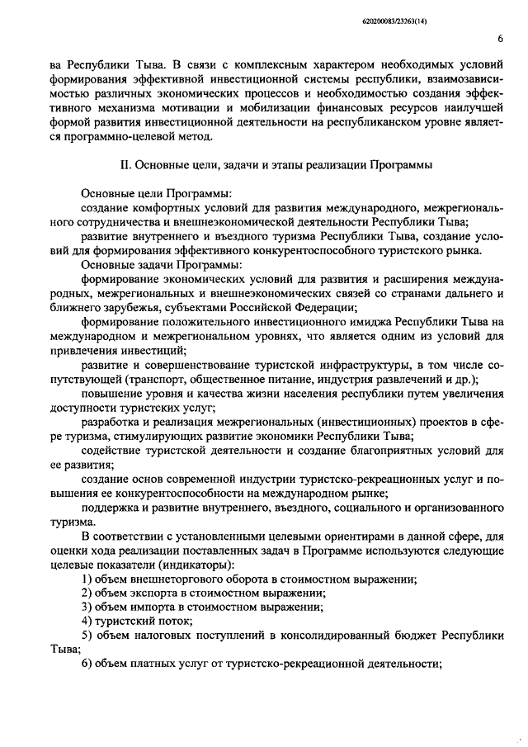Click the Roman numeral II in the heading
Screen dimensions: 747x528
click(125, 164)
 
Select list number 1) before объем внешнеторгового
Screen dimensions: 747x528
click(87, 580)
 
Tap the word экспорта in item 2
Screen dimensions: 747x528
click(158, 593)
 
